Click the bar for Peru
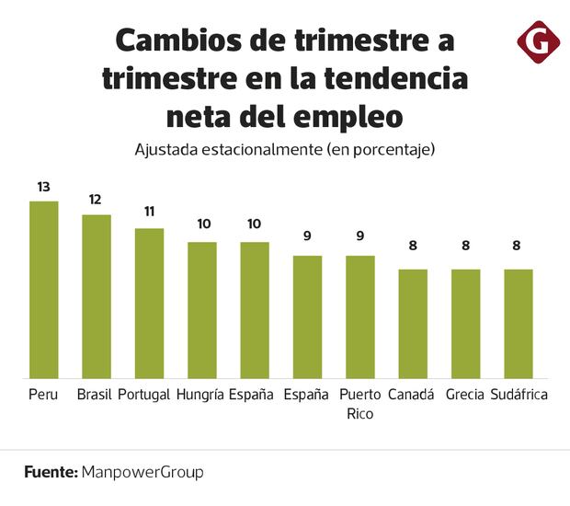point(43,289)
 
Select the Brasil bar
point(97,295)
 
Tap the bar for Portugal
point(149,303)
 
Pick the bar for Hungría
point(202,309)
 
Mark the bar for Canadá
point(413,323)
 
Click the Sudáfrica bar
point(519,323)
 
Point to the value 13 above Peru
point(43,187)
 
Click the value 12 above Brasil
point(97,200)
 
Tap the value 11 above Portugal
point(149,212)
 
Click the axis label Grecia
point(466,395)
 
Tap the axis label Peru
point(43,395)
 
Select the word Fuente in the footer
point(50,472)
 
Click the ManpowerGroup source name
point(142,472)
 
